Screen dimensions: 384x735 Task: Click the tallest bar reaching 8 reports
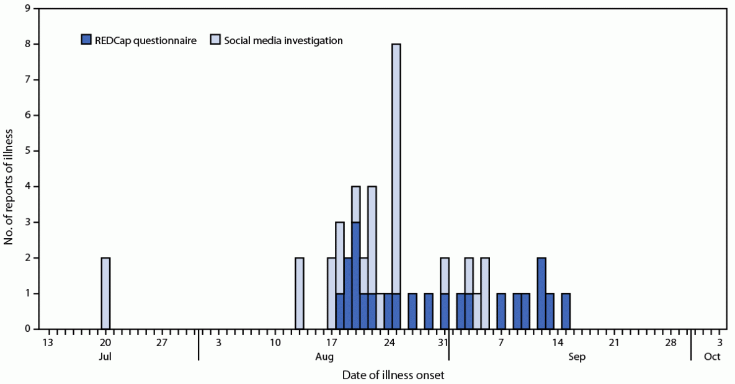point(396,186)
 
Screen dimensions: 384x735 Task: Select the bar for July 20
point(105,293)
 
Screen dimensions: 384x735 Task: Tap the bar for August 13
point(300,293)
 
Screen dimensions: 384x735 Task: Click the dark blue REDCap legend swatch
point(87,41)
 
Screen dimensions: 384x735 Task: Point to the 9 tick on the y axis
point(26,9)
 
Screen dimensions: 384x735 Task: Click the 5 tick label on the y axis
point(26,151)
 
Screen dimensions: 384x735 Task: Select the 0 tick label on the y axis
point(26,329)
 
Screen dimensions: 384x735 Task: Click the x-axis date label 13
point(48,343)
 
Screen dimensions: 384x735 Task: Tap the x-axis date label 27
point(162,343)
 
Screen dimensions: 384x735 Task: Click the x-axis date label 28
point(671,343)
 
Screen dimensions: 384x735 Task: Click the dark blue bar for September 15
point(566,311)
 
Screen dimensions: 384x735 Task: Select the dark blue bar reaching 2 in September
point(541,293)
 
